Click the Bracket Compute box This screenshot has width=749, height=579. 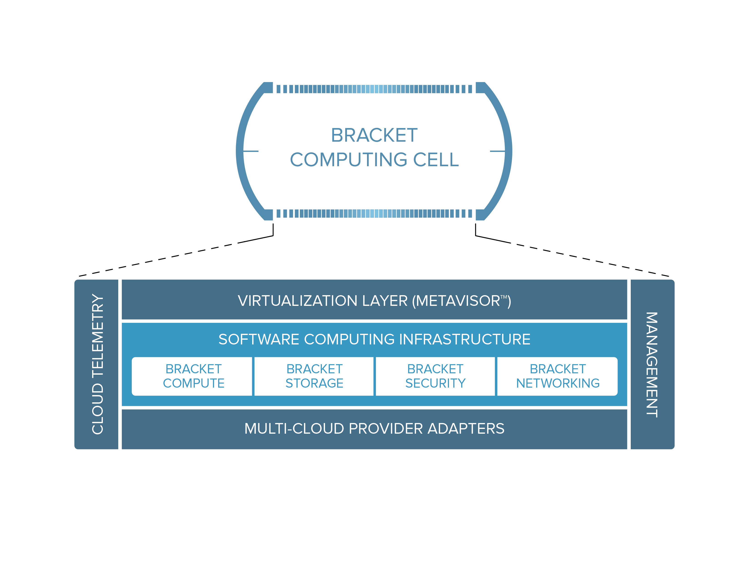(x=193, y=376)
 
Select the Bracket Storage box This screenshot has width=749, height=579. (x=314, y=376)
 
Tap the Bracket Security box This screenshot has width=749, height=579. (x=435, y=376)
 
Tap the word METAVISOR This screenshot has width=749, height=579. (x=458, y=301)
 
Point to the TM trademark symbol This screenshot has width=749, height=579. (x=503, y=297)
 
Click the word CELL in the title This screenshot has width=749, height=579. (x=436, y=159)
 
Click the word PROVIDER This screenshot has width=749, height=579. (x=386, y=429)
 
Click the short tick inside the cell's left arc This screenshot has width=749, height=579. (x=251, y=151)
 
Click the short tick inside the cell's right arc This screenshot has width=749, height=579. (x=497, y=151)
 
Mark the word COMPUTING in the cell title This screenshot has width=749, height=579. (x=349, y=159)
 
